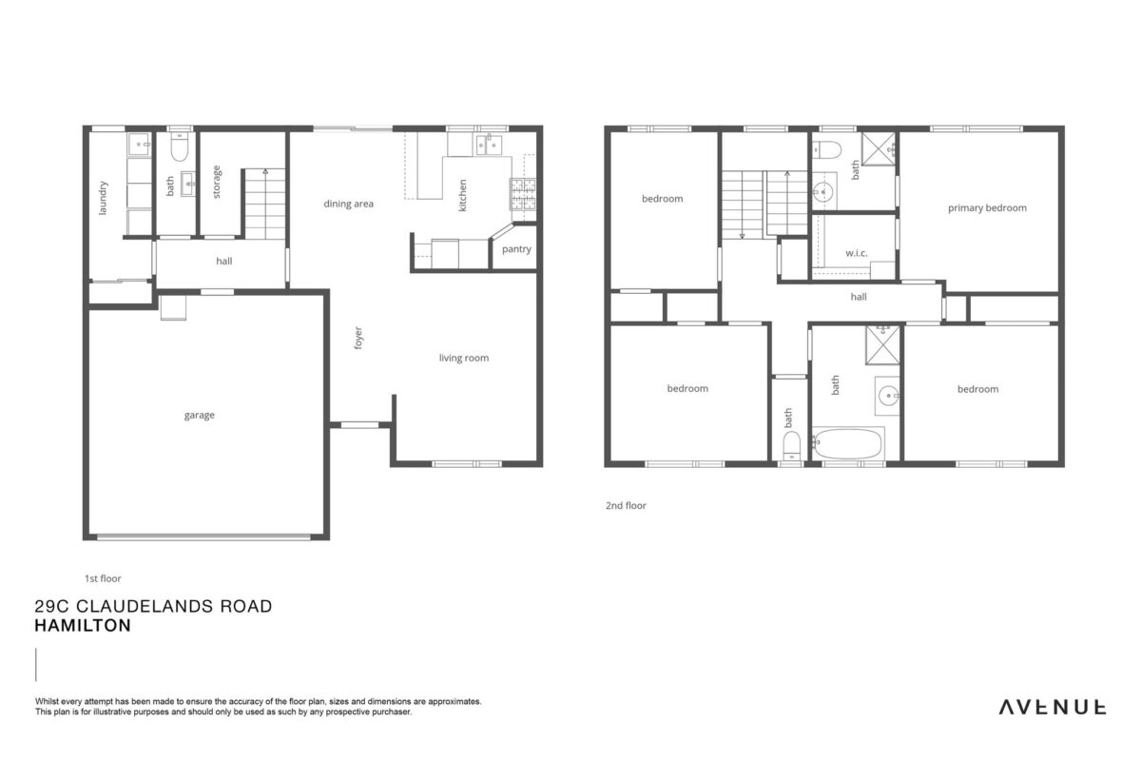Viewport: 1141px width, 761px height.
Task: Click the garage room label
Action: pos(199,416)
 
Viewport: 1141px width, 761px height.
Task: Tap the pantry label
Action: pos(516,249)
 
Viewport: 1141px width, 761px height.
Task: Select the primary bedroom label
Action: pos(987,208)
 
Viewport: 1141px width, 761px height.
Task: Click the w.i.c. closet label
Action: pos(857,253)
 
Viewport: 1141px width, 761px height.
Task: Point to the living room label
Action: pos(464,358)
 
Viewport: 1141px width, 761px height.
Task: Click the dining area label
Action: pos(348,204)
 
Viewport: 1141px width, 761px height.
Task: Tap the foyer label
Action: pos(358,338)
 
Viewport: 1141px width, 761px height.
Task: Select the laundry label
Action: pos(103,198)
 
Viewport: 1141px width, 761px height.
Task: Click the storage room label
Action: pos(217,182)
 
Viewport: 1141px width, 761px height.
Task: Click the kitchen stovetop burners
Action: pos(523,194)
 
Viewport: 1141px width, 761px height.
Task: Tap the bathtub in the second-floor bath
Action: pos(848,443)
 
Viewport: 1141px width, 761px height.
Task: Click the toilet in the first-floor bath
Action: pos(179,146)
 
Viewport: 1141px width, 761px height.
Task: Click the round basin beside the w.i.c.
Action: pos(823,192)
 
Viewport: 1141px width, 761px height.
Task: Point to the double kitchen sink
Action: pos(489,146)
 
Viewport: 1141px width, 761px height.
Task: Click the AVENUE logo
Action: pos(1053,708)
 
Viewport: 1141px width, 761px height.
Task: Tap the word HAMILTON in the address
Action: pos(83,625)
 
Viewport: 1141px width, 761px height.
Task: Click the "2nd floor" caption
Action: pos(626,506)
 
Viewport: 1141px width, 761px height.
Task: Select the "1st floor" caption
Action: pos(103,578)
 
